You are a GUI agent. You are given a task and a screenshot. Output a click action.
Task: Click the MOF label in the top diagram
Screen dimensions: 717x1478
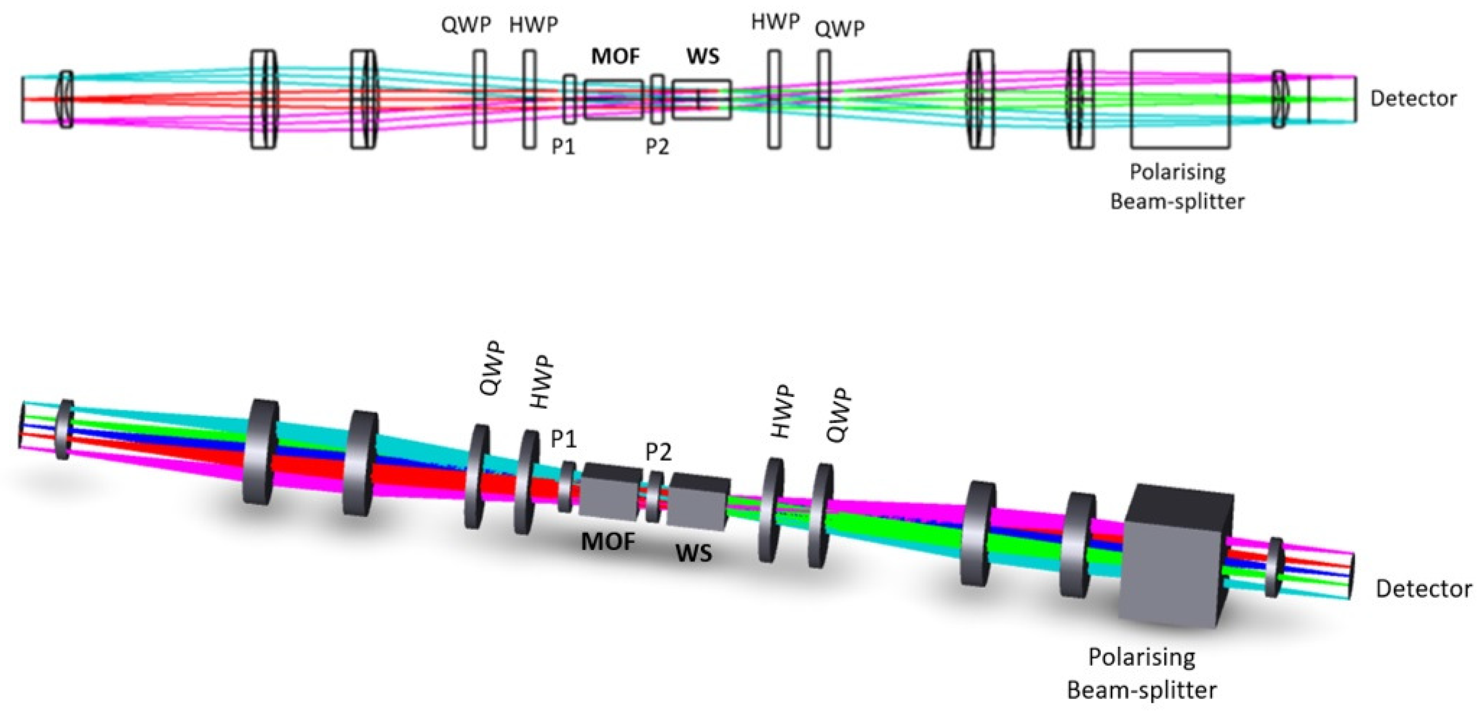coord(616,56)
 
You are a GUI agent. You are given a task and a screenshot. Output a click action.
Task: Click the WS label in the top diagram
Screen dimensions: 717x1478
coord(703,56)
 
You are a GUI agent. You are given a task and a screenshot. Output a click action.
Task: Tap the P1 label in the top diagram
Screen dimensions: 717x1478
coord(563,147)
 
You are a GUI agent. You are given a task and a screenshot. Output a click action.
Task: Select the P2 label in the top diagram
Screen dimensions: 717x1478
coord(658,147)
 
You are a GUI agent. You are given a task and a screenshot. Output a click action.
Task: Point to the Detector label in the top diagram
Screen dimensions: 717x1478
coord(1413,99)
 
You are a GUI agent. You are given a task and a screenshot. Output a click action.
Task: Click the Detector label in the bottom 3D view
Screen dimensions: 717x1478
coord(1423,589)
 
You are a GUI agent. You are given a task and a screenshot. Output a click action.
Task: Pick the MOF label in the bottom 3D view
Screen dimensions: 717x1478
coord(608,541)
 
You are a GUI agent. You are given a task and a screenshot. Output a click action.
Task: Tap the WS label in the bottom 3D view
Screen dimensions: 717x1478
coord(694,553)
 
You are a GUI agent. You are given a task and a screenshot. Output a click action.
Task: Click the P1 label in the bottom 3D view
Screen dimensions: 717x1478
coord(563,439)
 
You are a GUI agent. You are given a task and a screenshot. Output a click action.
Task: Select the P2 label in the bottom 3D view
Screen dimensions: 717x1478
coord(658,453)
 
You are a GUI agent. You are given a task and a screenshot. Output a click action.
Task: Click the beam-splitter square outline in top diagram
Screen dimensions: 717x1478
coord(1180,99)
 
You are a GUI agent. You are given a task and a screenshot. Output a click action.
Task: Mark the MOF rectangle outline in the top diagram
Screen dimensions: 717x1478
coord(614,100)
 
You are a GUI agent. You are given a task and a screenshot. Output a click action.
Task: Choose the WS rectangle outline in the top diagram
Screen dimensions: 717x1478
coord(702,100)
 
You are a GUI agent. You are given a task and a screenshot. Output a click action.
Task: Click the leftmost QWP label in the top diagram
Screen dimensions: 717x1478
coord(466,25)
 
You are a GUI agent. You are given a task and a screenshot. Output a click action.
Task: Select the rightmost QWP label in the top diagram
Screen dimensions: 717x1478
coord(840,28)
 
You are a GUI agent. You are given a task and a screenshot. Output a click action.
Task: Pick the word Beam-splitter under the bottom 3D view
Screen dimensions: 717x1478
coord(1142,690)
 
